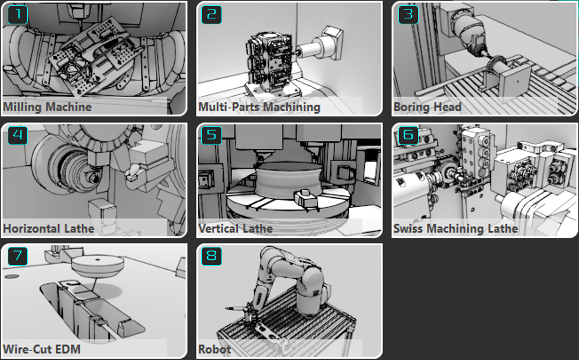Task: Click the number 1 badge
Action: [x=18, y=15]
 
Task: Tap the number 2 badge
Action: [x=211, y=15]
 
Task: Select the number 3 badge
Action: [x=408, y=15]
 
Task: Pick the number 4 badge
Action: [x=18, y=135]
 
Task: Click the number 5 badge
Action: [x=211, y=135]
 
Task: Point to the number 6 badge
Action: [x=408, y=135]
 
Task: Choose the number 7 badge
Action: [x=18, y=256]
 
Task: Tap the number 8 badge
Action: [x=211, y=256]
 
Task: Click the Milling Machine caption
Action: [x=47, y=107]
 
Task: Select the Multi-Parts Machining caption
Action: [x=259, y=107]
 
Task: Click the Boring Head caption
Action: [x=427, y=107]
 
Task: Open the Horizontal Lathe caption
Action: [x=49, y=229]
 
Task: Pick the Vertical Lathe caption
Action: [x=235, y=229]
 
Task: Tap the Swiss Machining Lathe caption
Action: [x=455, y=229]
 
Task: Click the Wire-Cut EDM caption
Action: [x=41, y=349]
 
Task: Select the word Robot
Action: [x=214, y=349]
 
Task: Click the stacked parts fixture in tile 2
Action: [x=270, y=63]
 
